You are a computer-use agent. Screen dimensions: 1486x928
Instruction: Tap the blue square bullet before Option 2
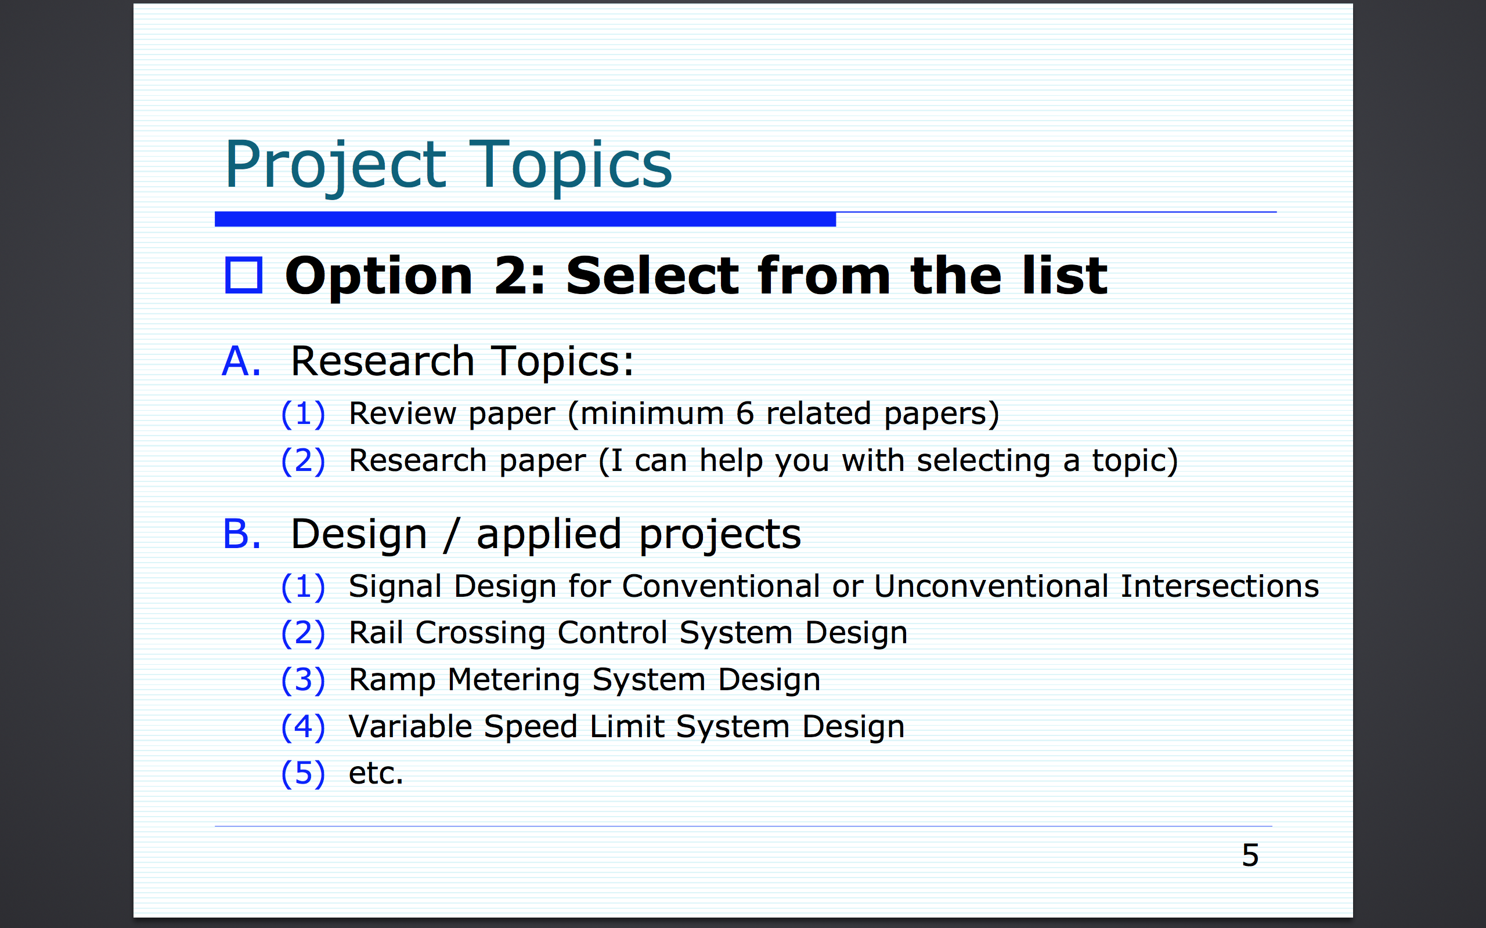coord(244,275)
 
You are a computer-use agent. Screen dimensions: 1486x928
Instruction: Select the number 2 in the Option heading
coord(513,275)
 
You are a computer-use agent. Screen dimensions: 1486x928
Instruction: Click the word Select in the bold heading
coord(652,275)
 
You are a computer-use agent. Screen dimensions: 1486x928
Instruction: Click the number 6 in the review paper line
coord(745,413)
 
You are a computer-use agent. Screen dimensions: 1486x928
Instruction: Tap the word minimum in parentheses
coord(651,413)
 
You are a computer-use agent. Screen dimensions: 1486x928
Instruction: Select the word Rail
coord(376,632)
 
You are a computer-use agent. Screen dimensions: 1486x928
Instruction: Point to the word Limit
coord(626,726)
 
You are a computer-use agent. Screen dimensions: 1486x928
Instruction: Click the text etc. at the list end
coord(376,773)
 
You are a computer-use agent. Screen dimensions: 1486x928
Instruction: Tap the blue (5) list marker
coord(303,773)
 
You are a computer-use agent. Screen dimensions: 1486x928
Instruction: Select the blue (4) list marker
coord(303,727)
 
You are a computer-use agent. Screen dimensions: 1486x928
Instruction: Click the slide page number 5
coord(1250,855)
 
